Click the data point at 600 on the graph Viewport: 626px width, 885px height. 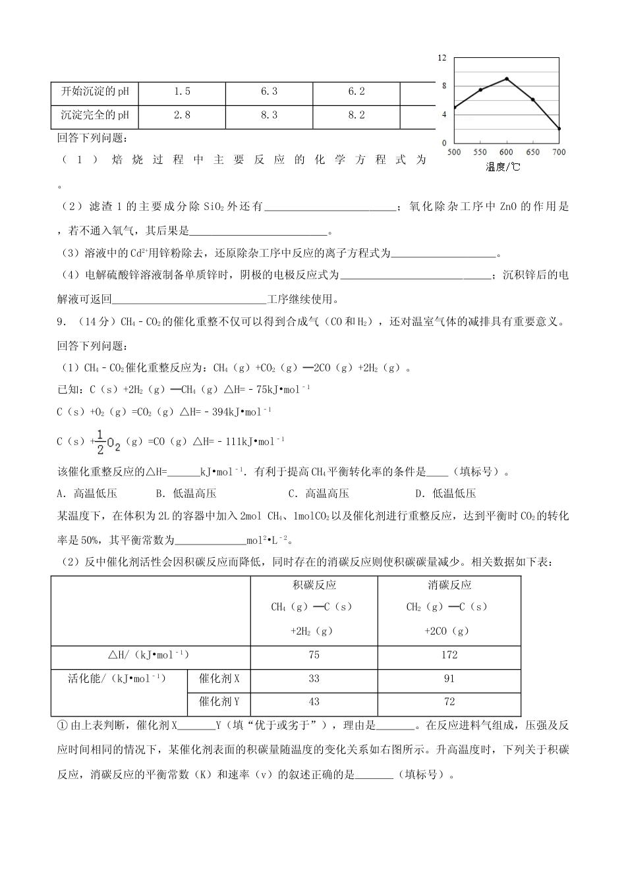(x=506, y=79)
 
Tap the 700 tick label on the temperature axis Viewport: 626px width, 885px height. (x=559, y=152)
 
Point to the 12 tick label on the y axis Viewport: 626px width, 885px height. (x=442, y=58)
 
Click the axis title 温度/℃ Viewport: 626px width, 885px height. (x=503, y=167)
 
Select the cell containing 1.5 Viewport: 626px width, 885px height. (x=182, y=92)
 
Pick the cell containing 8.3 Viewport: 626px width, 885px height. (x=269, y=115)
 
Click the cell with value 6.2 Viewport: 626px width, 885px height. (x=356, y=92)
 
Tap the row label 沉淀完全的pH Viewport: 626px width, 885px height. (x=95, y=115)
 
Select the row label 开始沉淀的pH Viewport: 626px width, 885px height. (x=95, y=92)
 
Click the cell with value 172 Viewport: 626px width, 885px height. (x=449, y=655)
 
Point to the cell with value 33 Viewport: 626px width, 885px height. (x=314, y=679)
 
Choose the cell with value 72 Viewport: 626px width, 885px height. (x=449, y=702)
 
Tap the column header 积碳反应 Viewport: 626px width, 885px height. (x=314, y=585)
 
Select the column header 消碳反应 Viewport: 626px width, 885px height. (x=449, y=585)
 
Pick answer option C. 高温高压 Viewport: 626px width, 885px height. (x=318, y=494)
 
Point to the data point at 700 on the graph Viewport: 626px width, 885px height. (x=559, y=129)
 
